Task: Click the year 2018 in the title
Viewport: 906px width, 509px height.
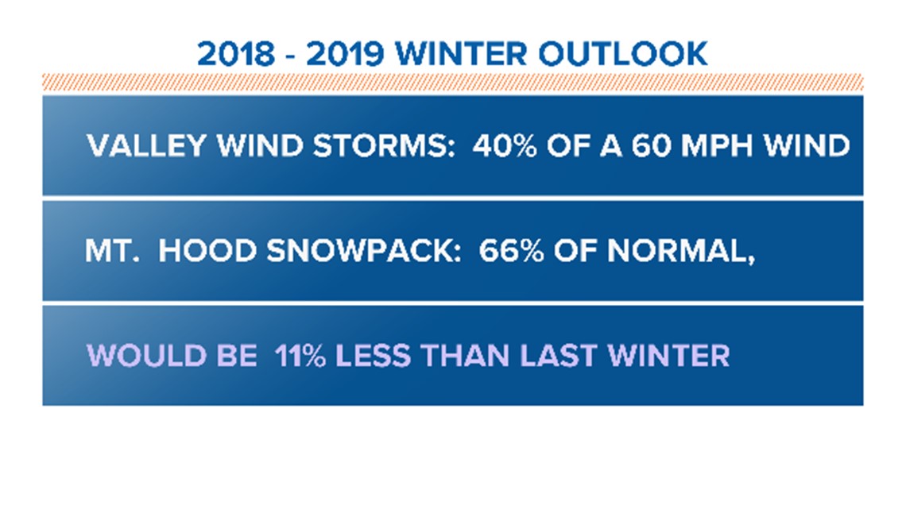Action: (236, 54)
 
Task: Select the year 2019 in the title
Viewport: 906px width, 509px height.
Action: (345, 54)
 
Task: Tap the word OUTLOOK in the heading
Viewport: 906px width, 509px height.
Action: (623, 54)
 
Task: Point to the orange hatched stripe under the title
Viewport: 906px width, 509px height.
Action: (452, 82)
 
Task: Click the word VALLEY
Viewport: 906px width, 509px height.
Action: (147, 145)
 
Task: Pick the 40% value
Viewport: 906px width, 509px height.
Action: (505, 145)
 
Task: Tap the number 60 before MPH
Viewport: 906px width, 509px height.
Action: (651, 145)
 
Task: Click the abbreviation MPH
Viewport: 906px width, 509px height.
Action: (717, 145)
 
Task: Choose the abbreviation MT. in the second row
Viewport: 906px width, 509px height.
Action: (112, 251)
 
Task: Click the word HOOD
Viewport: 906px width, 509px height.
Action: (207, 251)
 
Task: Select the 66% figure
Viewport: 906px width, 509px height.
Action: (511, 251)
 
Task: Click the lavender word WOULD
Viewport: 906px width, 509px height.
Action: (146, 356)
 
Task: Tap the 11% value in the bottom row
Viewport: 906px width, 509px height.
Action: (300, 356)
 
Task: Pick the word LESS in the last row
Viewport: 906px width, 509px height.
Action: (373, 356)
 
